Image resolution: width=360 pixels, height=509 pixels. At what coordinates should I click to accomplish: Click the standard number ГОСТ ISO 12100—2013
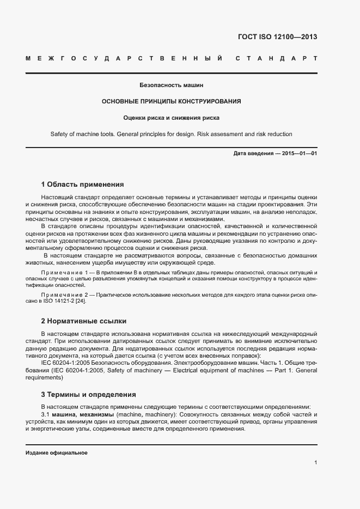coord(277,37)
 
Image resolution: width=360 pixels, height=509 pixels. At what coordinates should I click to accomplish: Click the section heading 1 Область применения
coord(83,185)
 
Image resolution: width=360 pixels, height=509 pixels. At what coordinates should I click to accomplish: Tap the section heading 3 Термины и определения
coord(88,394)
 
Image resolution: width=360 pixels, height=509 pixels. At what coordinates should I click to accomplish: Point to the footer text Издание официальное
coord(57,453)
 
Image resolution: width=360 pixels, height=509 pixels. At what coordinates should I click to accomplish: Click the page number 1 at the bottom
coord(316,462)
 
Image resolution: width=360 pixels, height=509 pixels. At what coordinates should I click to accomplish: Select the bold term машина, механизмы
coord(76,415)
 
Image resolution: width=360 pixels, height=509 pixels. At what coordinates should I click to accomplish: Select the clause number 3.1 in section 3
coord(46,415)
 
